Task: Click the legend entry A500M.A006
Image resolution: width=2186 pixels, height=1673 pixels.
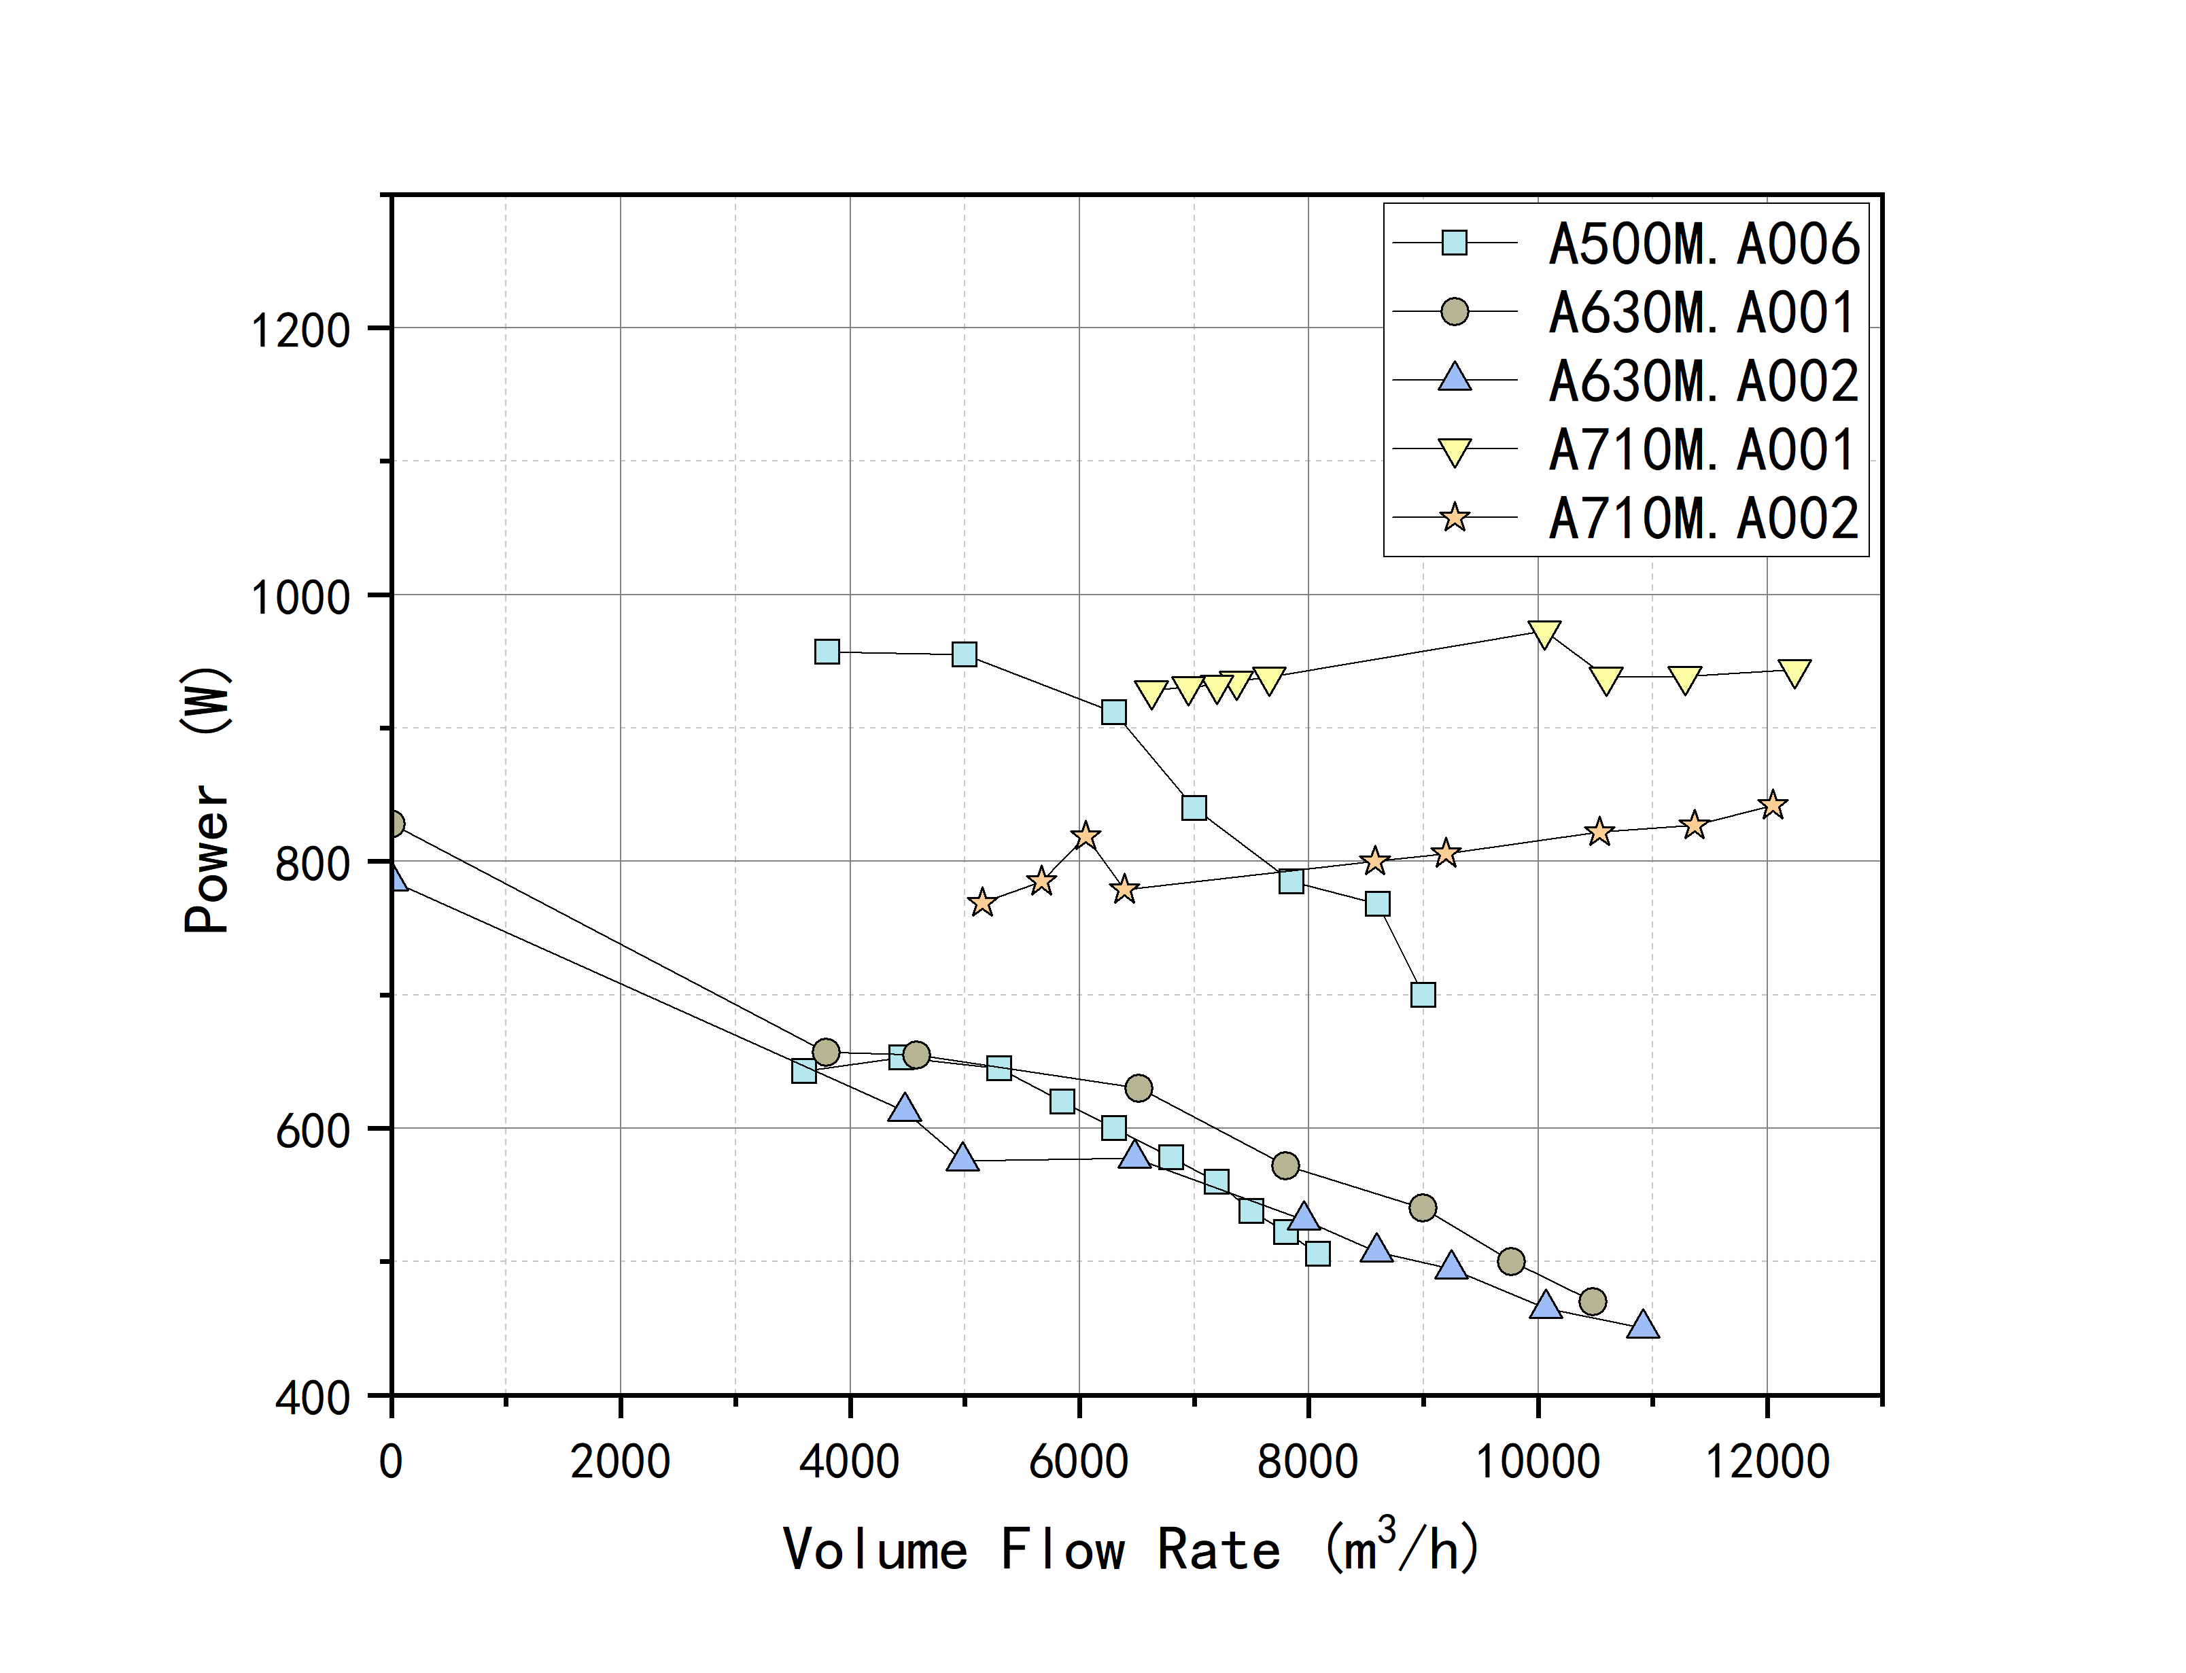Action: [x=1703, y=244]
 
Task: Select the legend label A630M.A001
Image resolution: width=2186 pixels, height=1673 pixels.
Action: [x=1703, y=313]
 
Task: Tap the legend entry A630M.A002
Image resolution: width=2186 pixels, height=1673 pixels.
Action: [x=1703, y=381]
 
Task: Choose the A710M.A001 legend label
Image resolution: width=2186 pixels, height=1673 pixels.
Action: [x=1703, y=450]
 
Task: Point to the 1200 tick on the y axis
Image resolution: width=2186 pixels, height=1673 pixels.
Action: [x=300, y=330]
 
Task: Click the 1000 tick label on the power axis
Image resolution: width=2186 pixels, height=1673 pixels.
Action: [x=300, y=597]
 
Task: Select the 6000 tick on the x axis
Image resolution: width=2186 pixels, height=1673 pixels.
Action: [x=1079, y=1462]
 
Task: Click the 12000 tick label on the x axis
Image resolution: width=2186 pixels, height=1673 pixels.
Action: [x=1768, y=1462]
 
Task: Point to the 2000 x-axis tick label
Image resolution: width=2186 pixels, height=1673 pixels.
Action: [x=619, y=1462]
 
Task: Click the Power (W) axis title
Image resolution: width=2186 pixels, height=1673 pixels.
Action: [x=207, y=800]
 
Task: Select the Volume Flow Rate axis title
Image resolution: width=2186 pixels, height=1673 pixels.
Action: [x=1131, y=1549]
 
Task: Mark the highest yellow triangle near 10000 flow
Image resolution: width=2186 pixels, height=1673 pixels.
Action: [x=1544, y=633]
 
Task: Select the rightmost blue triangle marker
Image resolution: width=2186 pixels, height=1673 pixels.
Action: [x=1642, y=1324]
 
